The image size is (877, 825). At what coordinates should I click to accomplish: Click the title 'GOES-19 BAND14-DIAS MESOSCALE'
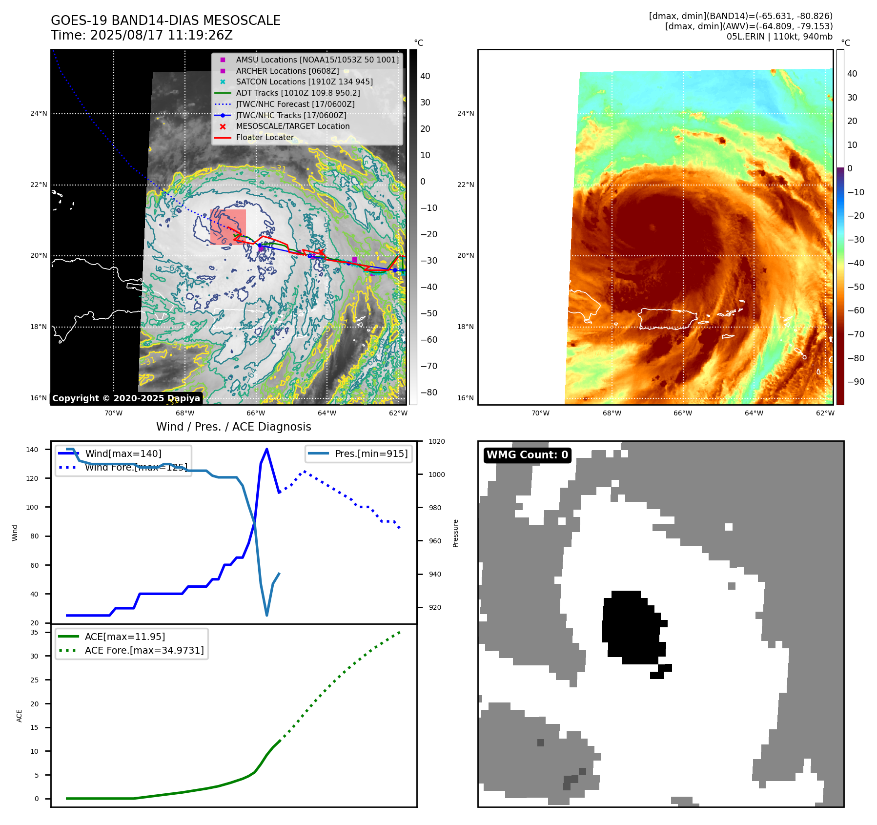pos(165,21)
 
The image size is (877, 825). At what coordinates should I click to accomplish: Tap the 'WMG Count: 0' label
pos(527,455)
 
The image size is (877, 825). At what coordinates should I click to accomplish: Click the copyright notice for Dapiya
pos(126,398)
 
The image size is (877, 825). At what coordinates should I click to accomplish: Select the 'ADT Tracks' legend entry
pos(298,93)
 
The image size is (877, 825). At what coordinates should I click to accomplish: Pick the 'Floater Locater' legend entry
pos(265,138)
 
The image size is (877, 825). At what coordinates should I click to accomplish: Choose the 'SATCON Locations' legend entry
pos(304,82)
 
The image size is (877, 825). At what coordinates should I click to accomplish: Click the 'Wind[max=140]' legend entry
pos(123,454)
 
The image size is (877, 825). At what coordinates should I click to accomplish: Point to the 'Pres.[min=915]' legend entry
pos(371,454)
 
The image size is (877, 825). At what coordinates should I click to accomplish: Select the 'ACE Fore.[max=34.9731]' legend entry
pos(144,650)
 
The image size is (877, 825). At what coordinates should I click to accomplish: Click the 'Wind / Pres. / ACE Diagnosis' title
pos(233,427)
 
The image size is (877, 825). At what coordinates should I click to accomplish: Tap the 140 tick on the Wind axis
pos(32,450)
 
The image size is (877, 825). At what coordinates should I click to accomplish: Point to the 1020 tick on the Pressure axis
pos(436,441)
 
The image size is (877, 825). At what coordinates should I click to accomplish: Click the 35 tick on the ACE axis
pos(35,632)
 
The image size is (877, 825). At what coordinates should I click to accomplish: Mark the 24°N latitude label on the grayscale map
pos(39,114)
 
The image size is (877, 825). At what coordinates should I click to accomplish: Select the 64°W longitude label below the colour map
pos(754,413)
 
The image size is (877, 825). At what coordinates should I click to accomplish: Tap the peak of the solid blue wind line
pos(266,449)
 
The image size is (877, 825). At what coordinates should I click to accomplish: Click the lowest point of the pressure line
pos(266,615)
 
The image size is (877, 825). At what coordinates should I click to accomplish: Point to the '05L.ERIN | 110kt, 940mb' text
pos(779,37)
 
